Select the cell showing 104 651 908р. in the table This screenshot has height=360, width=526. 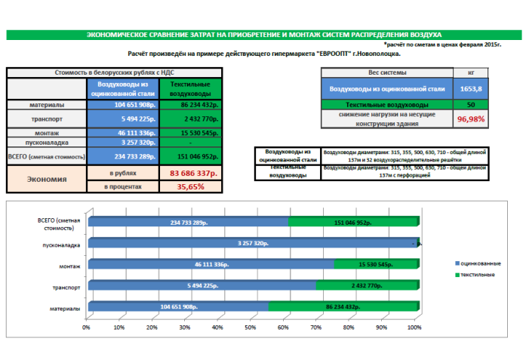pyautogui.click(x=123, y=105)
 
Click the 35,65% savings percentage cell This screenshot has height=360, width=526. pyautogui.click(x=189, y=186)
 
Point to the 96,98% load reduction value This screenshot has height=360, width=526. pyautogui.click(x=471, y=118)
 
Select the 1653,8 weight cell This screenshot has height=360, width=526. pyautogui.click(x=471, y=88)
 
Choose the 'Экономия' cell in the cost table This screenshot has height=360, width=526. pyautogui.click(x=47, y=180)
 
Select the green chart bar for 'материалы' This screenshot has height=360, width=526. pyautogui.click(x=341, y=308)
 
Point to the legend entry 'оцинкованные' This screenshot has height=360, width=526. pyautogui.click(x=479, y=262)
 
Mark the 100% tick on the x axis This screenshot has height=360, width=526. pyautogui.click(x=414, y=328)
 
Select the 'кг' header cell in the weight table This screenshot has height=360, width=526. pyautogui.click(x=471, y=72)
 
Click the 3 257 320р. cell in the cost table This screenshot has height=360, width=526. pyautogui.click(x=123, y=141)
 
